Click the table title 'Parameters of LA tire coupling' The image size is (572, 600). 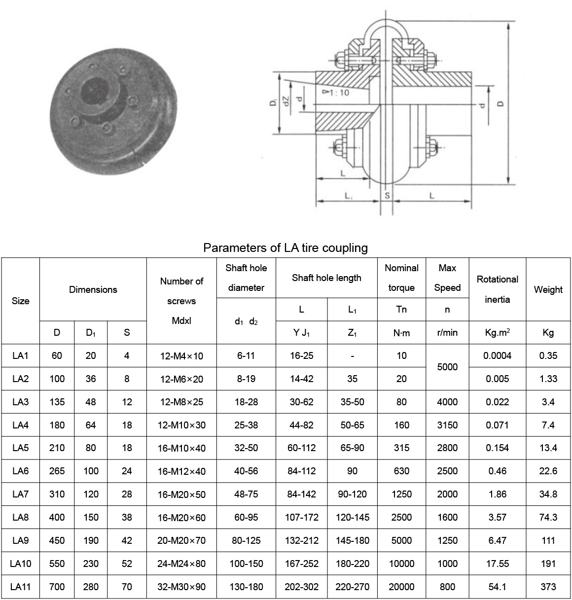(x=286, y=247)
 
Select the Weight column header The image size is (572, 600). (x=548, y=289)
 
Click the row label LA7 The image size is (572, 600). (x=20, y=494)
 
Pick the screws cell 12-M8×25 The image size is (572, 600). (x=181, y=402)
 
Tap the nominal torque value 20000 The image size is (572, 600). (x=401, y=587)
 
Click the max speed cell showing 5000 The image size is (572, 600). (x=447, y=367)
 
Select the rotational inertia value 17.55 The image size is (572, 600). (x=497, y=564)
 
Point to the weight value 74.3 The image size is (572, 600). (x=548, y=517)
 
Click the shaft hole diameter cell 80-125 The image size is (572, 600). (x=246, y=540)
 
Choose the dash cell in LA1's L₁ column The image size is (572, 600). (x=352, y=355)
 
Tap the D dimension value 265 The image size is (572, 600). (x=57, y=471)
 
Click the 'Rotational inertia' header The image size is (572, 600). (x=497, y=289)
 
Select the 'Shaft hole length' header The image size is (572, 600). (x=326, y=278)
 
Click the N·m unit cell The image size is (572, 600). (x=401, y=333)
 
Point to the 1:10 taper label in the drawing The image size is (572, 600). (x=337, y=92)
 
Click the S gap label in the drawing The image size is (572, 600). (x=387, y=196)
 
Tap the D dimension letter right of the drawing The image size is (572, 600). (x=500, y=104)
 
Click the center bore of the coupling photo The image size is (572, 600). (x=93, y=91)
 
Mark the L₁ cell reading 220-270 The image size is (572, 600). (x=352, y=587)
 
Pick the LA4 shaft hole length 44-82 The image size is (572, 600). (x=301, y=425)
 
